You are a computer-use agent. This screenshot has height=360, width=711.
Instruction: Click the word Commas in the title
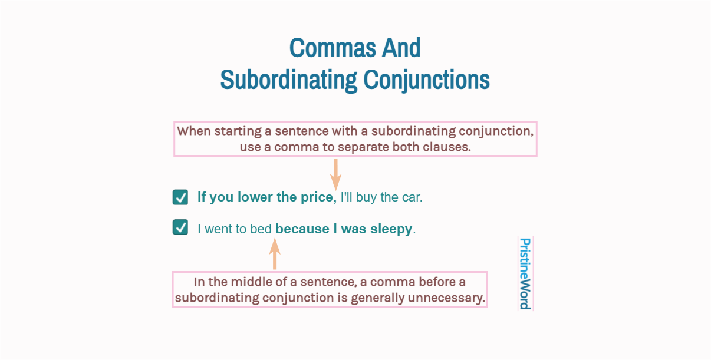333,48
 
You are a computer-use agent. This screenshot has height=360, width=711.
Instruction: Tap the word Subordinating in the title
288,80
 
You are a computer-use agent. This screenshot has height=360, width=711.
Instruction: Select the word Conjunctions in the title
427,80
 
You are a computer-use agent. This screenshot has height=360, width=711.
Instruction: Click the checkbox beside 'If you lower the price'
180,197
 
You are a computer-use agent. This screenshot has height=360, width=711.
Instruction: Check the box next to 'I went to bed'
180,227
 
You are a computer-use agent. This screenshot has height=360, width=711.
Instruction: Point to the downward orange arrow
335,175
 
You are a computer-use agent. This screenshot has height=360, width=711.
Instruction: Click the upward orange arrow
275,254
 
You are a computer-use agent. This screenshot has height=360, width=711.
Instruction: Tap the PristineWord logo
525,273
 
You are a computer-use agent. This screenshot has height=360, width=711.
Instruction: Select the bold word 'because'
302,229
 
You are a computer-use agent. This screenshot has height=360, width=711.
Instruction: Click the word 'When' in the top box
194,131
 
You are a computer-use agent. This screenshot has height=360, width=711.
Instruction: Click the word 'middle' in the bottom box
247,282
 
